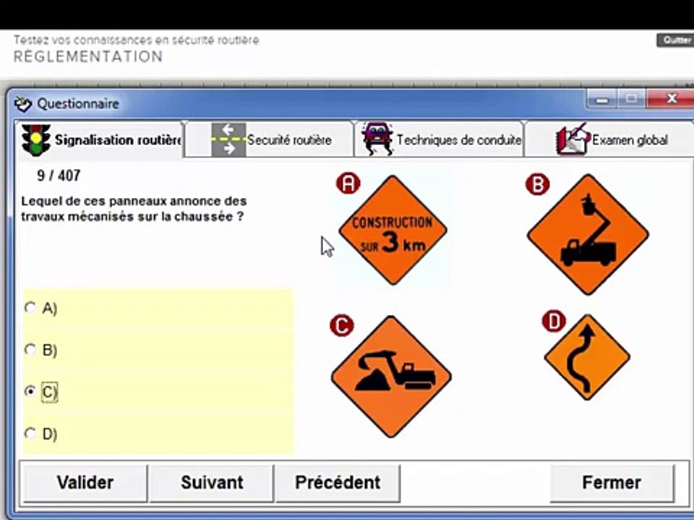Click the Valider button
[85, 482]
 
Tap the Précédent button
[337, 482]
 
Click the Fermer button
[611, 482]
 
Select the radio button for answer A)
[30, 308]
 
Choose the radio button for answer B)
[30, 350]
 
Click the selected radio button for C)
[30, 391]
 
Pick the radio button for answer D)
[30, 433]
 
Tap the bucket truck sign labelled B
[587, 234]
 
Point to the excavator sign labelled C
[391, 376]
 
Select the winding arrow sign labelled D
[587, 357]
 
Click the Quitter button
[677, 40]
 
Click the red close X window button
[670, 99]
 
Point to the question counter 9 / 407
[59, 175]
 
